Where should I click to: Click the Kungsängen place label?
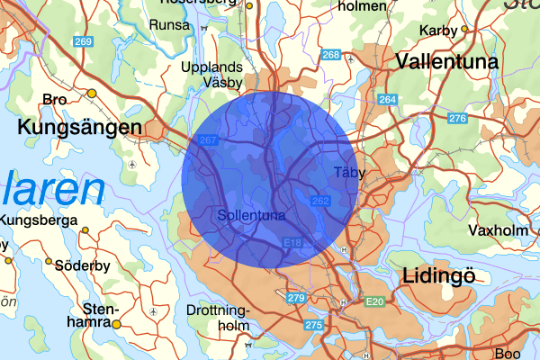pyautogui.click(x=79, y=128)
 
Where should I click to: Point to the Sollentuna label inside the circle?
pyautogui.click(x=251, y=216)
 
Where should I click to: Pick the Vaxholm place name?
pyautogui.click(x=491, y=229)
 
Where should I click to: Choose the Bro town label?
pyautogui.click(x=55, y=100)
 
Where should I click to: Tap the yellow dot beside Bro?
pyautogui.click(x=91, y=94)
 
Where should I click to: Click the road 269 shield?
pyautogui.click(x=85, y=42)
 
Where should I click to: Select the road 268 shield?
pyautogui.click(x=330, y=56)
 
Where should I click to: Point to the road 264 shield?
pyautogui.click(x=387, y=99)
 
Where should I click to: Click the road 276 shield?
pyautogui.click(x=457, y=119)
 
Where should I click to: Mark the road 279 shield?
pyautogui.click(x=296, y=298)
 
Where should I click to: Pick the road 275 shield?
pyautogui.click(x=313, y=325)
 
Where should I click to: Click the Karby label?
pyautogui.click(x=438, y=31)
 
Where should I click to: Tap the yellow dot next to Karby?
pyautogui.click(x=465, y=28)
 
